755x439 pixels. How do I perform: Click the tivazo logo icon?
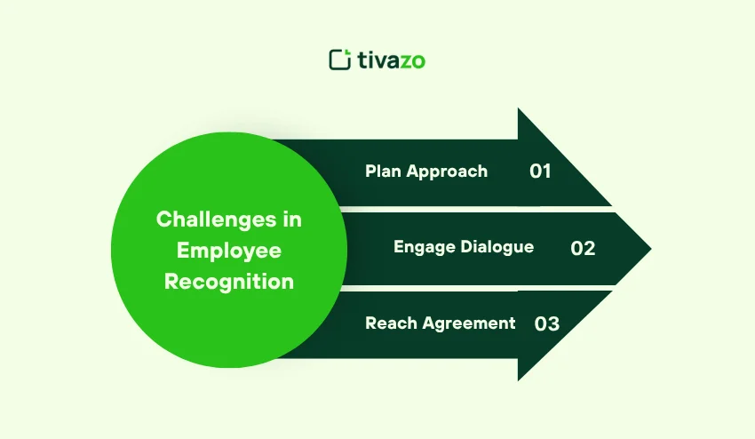coord(340,60)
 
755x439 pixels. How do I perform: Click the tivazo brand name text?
coord(391,60)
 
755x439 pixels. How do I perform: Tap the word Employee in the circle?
coord(228,251)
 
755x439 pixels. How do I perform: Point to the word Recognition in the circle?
coord(228,282)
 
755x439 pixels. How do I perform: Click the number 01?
coord(540,172)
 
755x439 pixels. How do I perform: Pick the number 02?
coord(583,248)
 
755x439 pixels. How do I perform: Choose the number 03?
coord(547,323)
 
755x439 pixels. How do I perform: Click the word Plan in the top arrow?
coord(383,172)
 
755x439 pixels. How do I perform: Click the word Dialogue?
coord(497,247)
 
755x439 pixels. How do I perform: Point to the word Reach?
coord(388,323)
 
